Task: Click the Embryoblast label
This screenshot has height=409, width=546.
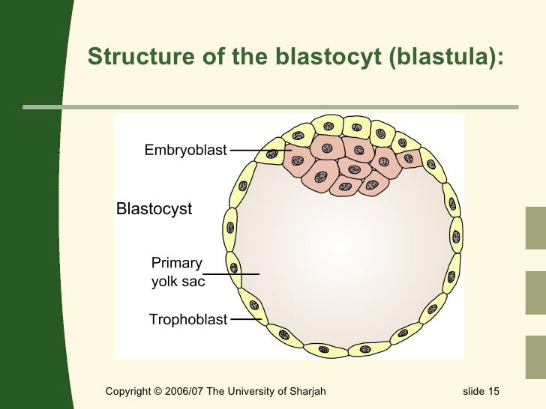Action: click(185, 151)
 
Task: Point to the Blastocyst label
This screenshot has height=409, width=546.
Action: click(154, 209)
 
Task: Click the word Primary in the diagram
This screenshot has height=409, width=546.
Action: click(177, 263)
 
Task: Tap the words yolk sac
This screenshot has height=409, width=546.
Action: click(178, 282)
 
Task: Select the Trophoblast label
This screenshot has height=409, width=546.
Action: click(187, 320)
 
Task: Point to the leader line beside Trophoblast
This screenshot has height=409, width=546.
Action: click(245, 320)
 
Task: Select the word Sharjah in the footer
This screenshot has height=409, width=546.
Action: click(307, 392)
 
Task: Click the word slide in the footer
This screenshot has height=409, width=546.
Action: click(472, 392)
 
